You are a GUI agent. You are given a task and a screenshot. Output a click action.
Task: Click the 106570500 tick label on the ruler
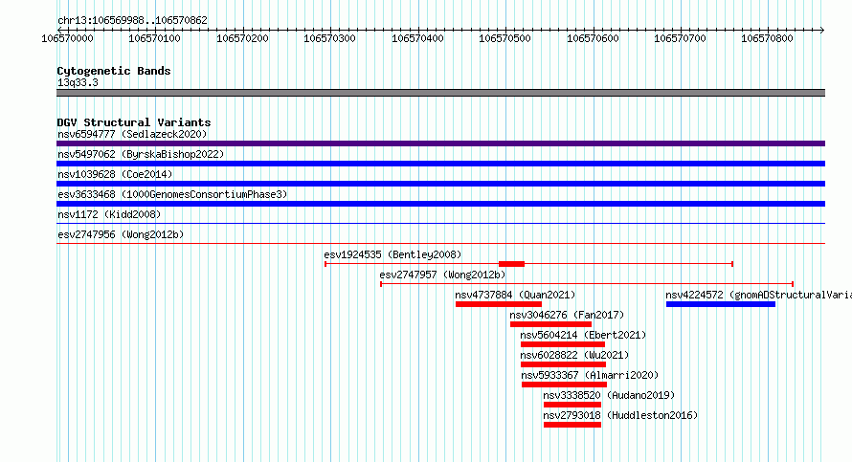coord(504,38)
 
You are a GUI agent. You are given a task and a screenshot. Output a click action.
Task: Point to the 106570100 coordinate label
coord(154,38)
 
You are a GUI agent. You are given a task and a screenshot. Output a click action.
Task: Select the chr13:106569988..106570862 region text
coord(132,21)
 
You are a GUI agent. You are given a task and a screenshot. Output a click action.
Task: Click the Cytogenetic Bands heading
coord(114,71)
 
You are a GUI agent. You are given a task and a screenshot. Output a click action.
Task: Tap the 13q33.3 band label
coord(78,82)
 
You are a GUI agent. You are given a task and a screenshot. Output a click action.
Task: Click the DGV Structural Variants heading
coord(134,122)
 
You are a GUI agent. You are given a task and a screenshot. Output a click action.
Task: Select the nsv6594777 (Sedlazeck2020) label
coord(132,134)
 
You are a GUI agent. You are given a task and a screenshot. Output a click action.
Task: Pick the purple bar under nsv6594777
coord(440,143)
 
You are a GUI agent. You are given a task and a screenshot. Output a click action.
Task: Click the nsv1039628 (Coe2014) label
coord(115,174)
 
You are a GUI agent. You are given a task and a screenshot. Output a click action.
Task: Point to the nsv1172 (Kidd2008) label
coord(109,214)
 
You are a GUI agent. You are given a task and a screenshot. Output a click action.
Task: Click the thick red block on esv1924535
coord(511,264)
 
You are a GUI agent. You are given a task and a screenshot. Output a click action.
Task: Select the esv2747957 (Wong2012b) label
coord(442,275)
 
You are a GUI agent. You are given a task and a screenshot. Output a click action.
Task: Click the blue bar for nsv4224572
coord(721,304)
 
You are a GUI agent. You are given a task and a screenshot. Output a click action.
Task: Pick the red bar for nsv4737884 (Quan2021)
coord(498,304)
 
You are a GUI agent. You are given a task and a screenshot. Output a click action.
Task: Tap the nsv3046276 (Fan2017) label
coord(567,315)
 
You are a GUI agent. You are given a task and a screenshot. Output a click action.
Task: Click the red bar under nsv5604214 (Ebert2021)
coord(562,344)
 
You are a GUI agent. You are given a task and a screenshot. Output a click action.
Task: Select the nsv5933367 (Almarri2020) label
coord(590,375)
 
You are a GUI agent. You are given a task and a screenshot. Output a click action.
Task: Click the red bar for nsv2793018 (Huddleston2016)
coord(572,425)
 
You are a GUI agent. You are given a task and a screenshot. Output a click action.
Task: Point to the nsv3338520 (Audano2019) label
coord(609,395)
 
